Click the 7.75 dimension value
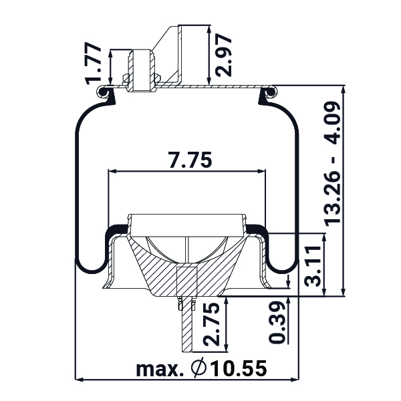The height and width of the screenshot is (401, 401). click(x=190, y=160)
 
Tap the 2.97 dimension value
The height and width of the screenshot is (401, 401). click(x=223, y=55)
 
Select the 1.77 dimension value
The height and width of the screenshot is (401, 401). click(x=94, y=63)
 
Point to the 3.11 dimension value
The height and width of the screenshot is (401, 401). click(x=313, y=266)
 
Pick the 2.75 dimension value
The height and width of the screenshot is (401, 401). click(x=211, y=324)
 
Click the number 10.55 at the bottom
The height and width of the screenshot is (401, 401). click(x=239, y=368)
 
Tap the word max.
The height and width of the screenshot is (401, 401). click(x=160, y=369)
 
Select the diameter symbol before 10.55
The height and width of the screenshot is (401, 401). click(x=198, y=368)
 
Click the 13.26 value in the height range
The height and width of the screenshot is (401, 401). click(x=332, y=197)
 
